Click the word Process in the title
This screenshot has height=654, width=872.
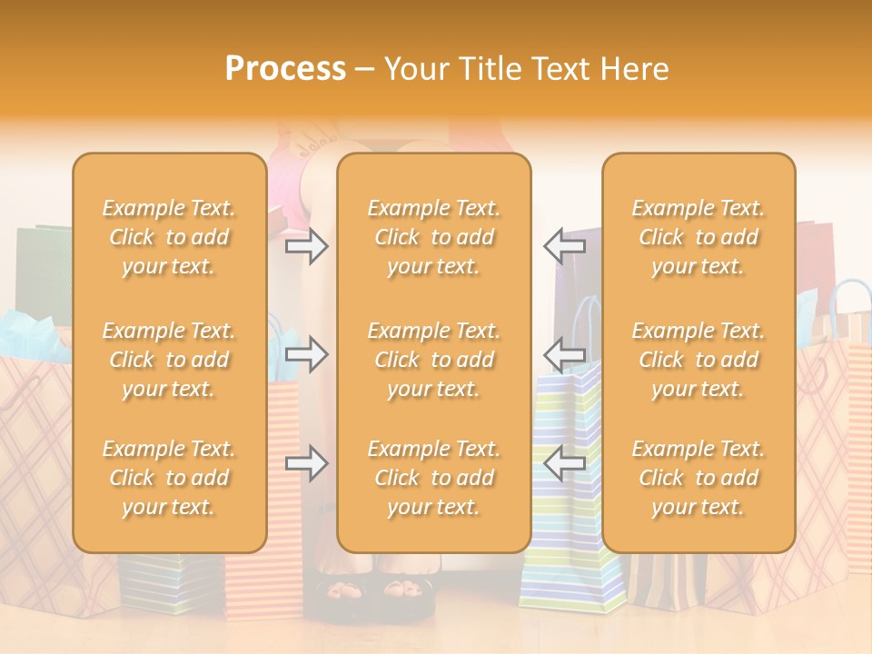pos(285,68)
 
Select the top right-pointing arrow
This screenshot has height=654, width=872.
pos(306,246)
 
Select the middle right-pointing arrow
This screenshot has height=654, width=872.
pos(306,353)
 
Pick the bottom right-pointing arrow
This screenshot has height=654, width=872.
pos(306,463)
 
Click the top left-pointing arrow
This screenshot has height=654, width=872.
pos(564,246)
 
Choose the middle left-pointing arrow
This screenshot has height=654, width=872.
pos(564,353)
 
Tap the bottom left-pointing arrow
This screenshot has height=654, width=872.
pos(564,463)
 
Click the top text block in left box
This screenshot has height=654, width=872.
pos(169,237)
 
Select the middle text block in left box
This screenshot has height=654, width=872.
pos(169,360)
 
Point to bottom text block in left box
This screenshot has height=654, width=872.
pos(169,478)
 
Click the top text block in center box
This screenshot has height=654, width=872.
pos(433,237)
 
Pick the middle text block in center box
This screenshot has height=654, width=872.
pos(433,360)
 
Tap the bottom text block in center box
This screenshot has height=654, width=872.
pos(433,478)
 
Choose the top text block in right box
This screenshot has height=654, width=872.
pos(698,237)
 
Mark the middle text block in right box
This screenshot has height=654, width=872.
pos(698,360)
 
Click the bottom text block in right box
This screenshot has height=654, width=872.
pos(698,478)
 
